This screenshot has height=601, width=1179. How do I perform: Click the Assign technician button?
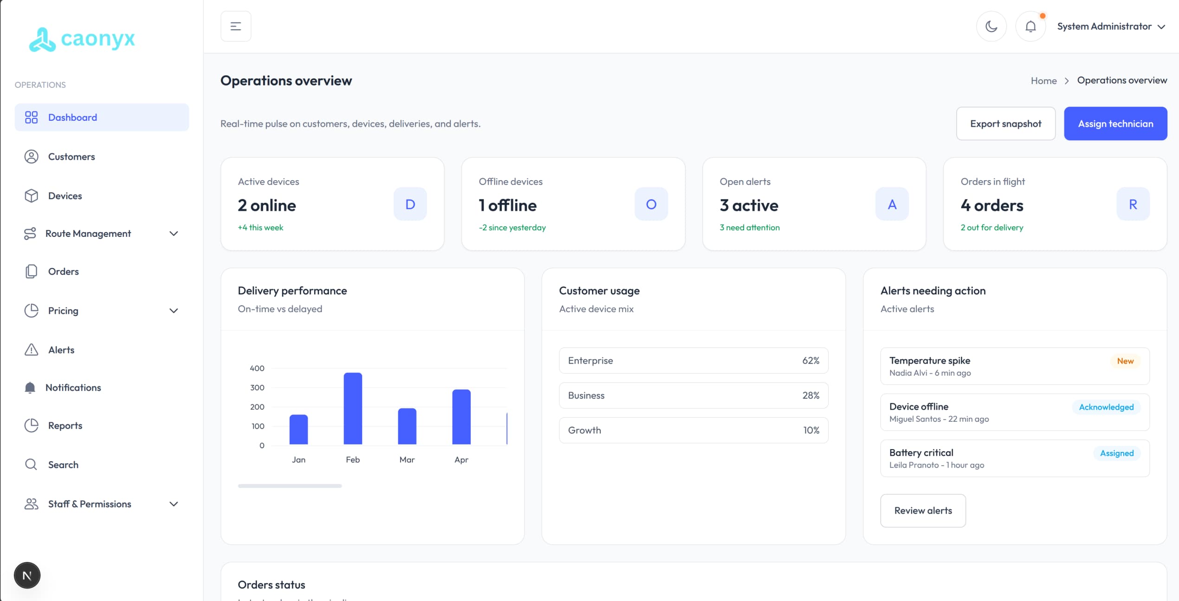(1115, 124)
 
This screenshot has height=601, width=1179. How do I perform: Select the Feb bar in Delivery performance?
(353, 408)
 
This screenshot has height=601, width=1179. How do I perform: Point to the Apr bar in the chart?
(461, 417)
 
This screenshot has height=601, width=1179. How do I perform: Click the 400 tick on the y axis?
(257, 368)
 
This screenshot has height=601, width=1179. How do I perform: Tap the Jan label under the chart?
(298, 459)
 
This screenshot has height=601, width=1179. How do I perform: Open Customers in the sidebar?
(71, 157)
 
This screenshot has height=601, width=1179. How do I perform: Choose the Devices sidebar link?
(65, 196)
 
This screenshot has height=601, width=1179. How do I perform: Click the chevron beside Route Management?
(174, 234)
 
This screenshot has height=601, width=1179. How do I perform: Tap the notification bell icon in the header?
(1030, 26)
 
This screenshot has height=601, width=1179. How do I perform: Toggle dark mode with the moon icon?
(991, 26)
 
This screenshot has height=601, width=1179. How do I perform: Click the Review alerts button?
(923, 510)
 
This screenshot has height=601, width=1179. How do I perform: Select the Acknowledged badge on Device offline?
(1106, 407)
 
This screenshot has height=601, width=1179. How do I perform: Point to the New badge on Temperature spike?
(1125, 361)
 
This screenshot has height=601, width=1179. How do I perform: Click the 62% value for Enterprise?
(810, 360)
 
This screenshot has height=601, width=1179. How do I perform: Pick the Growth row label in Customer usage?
(584, 430)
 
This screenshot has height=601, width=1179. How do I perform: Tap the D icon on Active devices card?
(410, 204)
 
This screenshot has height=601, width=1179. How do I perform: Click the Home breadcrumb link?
(1043, 81)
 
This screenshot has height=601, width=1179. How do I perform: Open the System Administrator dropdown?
(1111, 26)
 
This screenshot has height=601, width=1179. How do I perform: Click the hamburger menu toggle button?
(236, 26)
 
